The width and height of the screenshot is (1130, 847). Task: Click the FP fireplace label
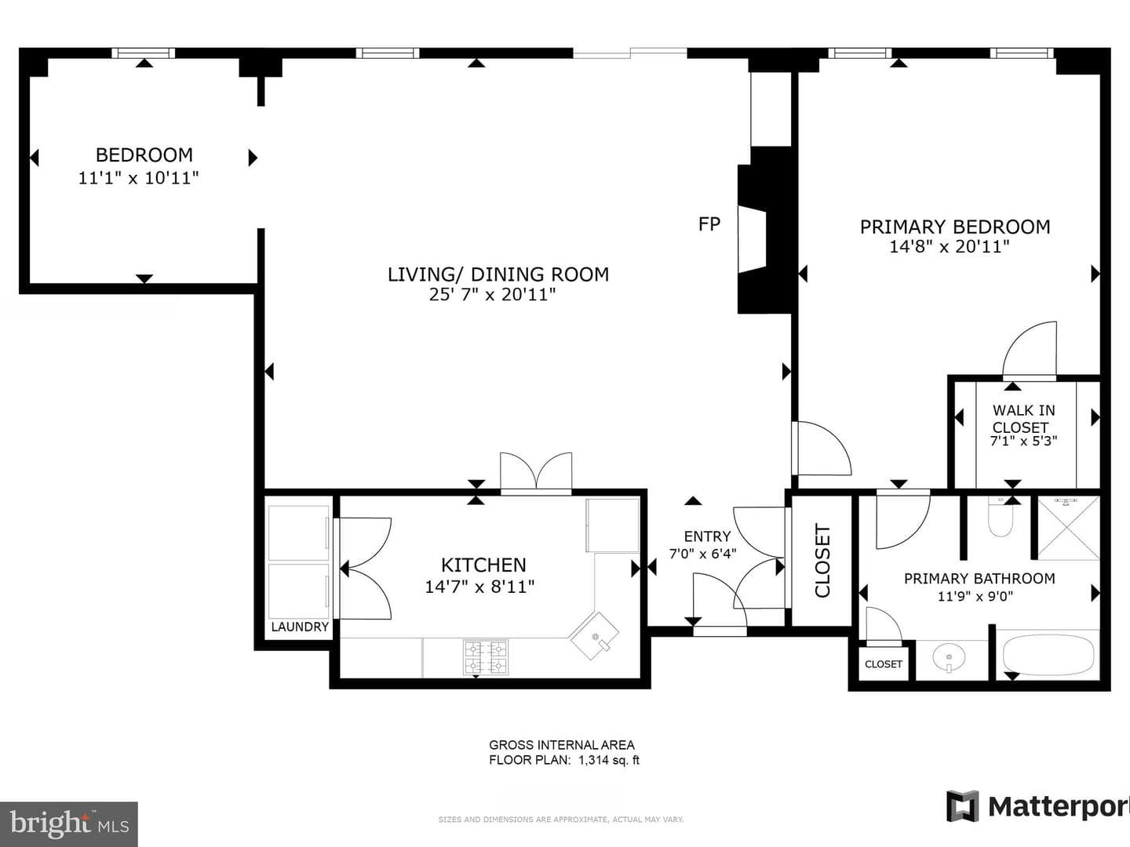pos(709,224)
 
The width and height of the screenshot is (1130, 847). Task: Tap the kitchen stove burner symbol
pos(486,656)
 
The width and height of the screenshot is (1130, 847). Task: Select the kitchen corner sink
pos(594,635)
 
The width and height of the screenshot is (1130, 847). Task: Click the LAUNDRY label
pos(300,627)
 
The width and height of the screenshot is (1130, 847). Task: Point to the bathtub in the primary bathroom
pos(1047,653)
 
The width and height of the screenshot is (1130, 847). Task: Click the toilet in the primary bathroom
pos(1001,517)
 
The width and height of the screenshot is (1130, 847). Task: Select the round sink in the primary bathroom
pos(948,658)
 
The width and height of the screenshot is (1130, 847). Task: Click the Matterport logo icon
pos(962,806)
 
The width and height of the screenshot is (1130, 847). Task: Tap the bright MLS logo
pos(69,823)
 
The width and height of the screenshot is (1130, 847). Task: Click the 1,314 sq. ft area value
pos(609,760)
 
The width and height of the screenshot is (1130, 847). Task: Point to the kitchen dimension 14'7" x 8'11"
pos(479,587)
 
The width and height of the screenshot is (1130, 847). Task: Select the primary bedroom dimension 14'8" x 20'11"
pos(950,247)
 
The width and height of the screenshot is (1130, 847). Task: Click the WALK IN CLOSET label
pos(1023,419)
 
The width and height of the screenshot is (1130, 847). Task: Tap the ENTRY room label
pos(707,536)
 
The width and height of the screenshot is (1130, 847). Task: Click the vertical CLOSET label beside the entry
pos(822,561)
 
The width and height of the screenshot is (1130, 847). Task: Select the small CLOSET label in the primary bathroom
pos(884,664)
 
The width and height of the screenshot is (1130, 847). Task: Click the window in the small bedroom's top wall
pos(144,53)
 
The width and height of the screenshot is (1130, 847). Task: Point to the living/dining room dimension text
pos(492,295)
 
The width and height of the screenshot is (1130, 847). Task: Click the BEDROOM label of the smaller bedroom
pos(144,154)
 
